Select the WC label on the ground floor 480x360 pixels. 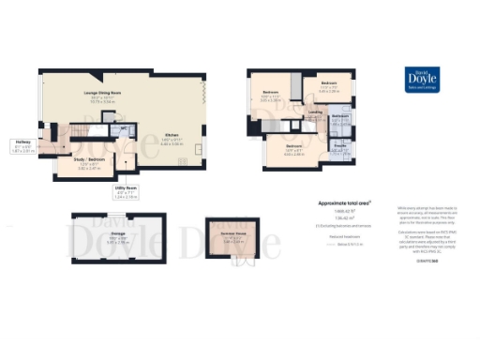[124, 127]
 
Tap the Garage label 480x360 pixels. [119, 232]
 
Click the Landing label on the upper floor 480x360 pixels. [315, 111]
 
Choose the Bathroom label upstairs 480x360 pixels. [339, 116]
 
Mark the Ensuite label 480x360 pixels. [340, 144]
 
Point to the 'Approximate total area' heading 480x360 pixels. [344, 202]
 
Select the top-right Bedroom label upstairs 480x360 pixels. [328, 87]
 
